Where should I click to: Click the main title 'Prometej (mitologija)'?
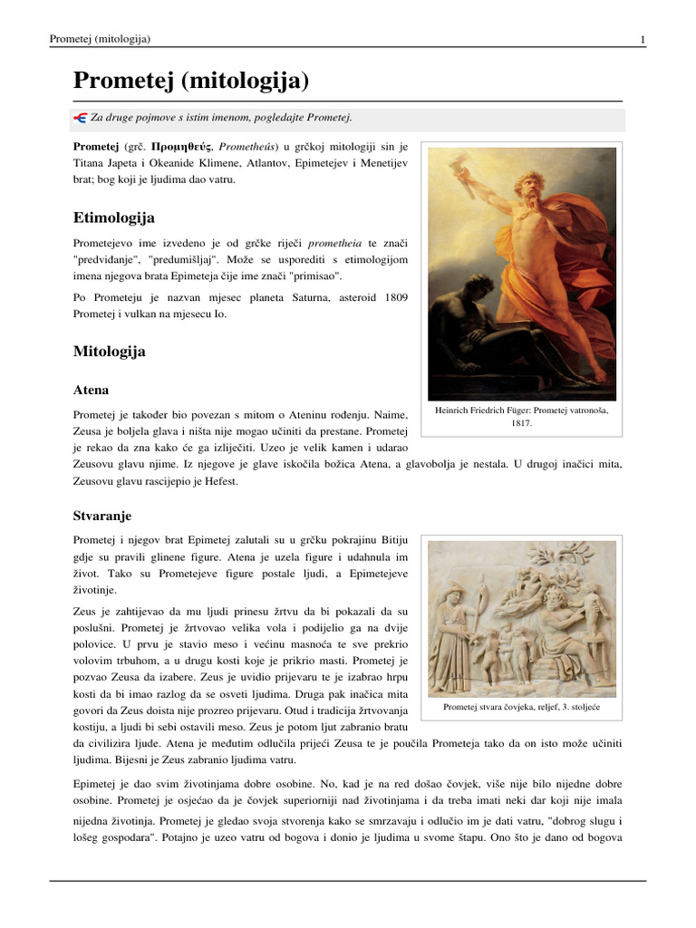191,82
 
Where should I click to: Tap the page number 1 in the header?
642,39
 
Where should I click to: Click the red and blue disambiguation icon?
80,118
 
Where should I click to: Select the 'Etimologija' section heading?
113,218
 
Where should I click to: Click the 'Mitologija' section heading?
109,351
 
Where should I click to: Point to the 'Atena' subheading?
91,390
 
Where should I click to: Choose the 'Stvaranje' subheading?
101,516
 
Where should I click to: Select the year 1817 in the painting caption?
521,423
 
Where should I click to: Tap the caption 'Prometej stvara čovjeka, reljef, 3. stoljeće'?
521,707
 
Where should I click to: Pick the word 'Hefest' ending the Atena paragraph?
219,481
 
